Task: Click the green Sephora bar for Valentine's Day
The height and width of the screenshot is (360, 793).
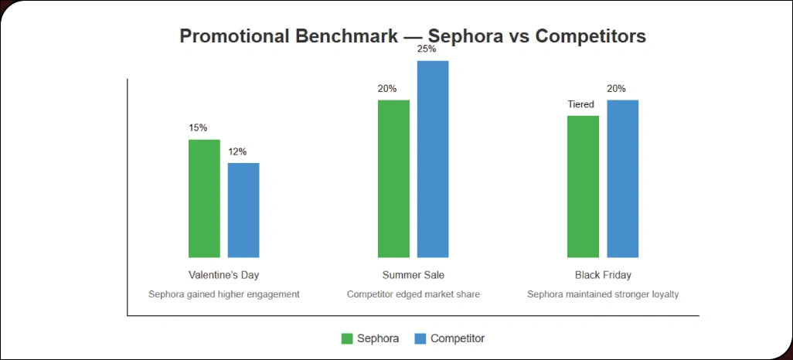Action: point(204,199)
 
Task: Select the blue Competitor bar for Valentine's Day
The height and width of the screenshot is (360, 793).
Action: point(243,210)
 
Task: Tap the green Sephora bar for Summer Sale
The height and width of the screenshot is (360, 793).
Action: point(393,178)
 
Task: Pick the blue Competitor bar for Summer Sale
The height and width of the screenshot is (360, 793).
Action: point(433,159)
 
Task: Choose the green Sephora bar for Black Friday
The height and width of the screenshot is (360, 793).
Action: point(583,187)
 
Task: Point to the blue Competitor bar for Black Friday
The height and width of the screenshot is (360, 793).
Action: point(623,178)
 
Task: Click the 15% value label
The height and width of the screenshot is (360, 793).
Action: point(198,128)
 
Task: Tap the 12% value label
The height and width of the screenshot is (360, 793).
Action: point(237,151)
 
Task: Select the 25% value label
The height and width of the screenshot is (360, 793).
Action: point(427,49)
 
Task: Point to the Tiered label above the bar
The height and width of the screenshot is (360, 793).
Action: point(580,104)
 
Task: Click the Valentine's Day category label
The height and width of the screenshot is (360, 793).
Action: point(223,275)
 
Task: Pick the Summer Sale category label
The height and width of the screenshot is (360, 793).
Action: point(414,275)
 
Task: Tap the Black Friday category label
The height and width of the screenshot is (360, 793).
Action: point(603,275)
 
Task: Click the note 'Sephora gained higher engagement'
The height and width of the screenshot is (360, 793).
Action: point(223,294)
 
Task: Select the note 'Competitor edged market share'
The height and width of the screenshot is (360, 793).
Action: point(414,294)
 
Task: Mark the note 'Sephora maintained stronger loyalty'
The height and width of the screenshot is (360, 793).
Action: point(603,294)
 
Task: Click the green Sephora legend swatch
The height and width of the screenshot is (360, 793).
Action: point(347,338)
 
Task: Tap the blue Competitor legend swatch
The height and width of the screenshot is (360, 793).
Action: point(420,338)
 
